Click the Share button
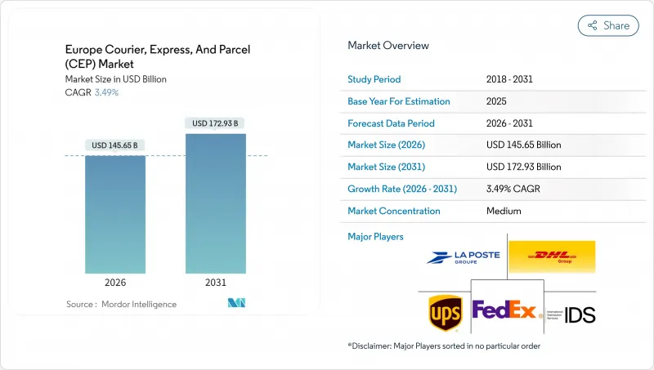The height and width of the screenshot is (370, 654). point(608,25)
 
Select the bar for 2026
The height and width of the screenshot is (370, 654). point(115,214)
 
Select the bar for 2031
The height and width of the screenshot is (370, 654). point(216,203)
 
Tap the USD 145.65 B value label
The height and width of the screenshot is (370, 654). point(115,145)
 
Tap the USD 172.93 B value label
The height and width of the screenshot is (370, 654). point(216,123)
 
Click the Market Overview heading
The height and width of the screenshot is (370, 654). point(388,46)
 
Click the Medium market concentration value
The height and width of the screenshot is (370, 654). point(504,211)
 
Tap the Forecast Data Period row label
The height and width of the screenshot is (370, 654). point(391,123)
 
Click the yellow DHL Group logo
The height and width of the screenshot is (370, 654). point(551,256)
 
